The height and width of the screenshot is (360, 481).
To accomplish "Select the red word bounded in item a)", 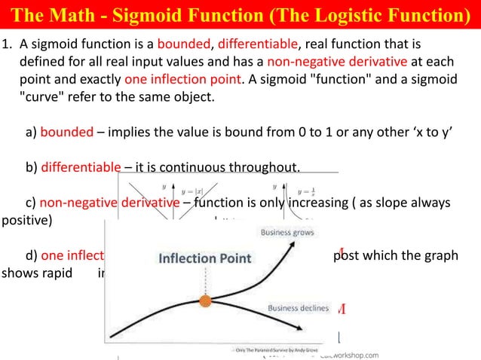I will pos(66,133).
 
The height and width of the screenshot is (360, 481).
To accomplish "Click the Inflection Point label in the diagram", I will pos(204,258).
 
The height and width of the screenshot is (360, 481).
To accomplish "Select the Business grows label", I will pos(287,233).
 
